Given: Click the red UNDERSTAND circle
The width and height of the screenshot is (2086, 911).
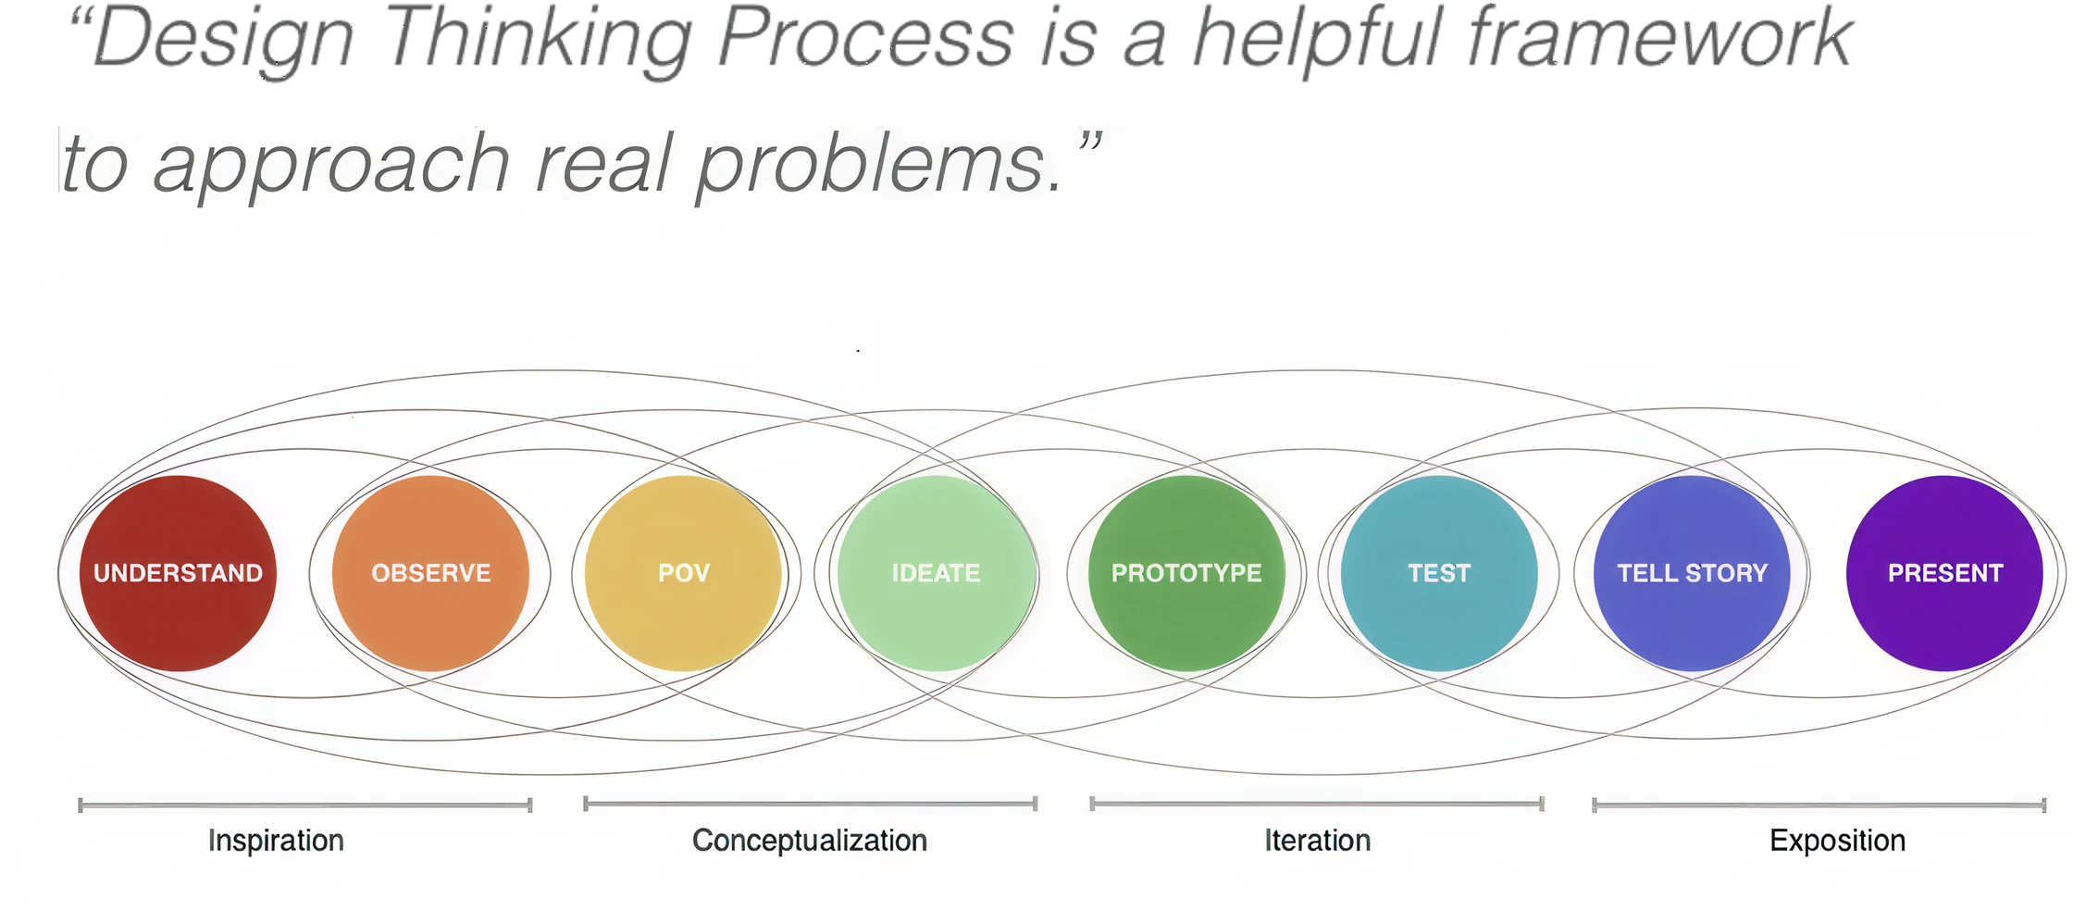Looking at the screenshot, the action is pos(178,573).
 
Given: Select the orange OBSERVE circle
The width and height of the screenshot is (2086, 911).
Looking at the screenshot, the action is pos(430,573).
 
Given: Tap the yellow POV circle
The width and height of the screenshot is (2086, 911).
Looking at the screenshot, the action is pos(683,573).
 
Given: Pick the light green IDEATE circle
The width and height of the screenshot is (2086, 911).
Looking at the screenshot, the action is pos(936,573).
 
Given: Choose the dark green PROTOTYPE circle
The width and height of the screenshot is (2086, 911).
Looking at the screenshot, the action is pos(1186,573).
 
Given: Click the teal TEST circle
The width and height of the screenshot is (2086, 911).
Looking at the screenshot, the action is pos(1439,573).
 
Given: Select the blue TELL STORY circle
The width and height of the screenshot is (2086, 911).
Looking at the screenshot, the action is pos(1692,573).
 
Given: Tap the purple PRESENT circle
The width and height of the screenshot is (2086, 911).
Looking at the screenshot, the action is pos(1944,573).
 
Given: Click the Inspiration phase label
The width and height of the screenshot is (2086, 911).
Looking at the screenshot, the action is pos(276,841).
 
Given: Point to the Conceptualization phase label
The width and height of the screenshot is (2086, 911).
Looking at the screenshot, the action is pos(810,841).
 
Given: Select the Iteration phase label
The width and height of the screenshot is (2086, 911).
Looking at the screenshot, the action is pos(1318,841).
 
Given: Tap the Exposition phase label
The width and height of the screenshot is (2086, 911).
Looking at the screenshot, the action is pos(1838,841).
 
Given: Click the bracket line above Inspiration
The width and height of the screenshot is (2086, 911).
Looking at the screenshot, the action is pos(305,805).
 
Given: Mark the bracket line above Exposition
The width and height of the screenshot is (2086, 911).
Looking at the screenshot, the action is pos(1819,805).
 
